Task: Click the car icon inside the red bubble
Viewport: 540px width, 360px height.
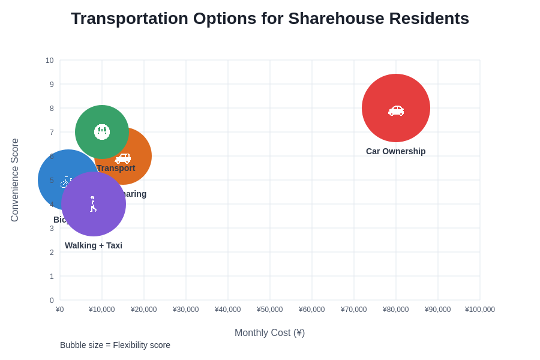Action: (396, 110)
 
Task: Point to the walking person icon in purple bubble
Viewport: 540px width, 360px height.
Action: (93, 204)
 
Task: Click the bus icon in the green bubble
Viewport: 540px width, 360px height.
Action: (102, 132)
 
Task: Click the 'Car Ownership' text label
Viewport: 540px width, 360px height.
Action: (395, 151)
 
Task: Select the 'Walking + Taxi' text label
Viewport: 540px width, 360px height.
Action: (94, 245)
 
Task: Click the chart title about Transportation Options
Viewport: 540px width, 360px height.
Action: (270, 19)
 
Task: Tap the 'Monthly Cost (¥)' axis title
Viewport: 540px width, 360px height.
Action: (269, 332)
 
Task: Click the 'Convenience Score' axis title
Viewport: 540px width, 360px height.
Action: (15, 180)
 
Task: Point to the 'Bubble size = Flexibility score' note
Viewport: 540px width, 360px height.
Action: (115, 345)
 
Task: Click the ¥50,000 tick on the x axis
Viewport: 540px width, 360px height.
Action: (269, 310)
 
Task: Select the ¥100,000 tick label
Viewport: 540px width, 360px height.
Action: (479, 310)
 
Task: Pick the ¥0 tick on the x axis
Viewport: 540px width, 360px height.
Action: (60, 310)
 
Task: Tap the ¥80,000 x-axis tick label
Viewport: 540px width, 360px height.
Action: (395, 310)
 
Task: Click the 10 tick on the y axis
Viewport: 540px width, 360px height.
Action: (50, 61)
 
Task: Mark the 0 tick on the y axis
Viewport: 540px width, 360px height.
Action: (52, 301)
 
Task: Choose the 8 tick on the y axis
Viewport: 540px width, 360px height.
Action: (52, 109)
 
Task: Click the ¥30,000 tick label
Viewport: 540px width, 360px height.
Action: (185, 310)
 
